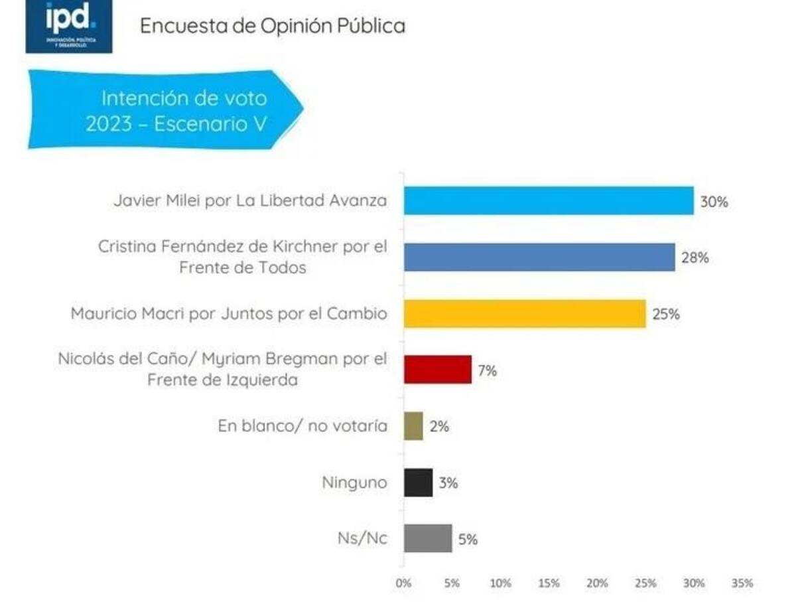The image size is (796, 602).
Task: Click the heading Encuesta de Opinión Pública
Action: [273, 26]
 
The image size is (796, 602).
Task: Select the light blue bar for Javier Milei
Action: [549, 200]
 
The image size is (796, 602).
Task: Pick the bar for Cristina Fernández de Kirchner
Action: [539, 257]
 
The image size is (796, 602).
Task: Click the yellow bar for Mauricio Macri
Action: [525, 313]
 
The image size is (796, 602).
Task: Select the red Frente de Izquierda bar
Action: [438, 370]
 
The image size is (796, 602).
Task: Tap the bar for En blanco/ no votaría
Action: [413, 426]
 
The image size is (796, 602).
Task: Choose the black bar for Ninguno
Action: [418, 483]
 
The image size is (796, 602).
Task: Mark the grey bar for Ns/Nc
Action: [428, 539]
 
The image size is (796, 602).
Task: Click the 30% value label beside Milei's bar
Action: [714, 202]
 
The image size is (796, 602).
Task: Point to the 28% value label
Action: [695, 258]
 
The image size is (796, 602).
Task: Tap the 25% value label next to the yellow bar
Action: [666, 314]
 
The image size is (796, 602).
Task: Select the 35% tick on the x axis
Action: [742, 583]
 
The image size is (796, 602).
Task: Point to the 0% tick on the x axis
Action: [403, 583]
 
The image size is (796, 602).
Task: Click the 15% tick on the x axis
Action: [549, 583]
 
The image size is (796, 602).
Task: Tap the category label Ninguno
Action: [354, 483]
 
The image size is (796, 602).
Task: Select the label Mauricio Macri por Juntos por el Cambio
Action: [229, 313]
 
